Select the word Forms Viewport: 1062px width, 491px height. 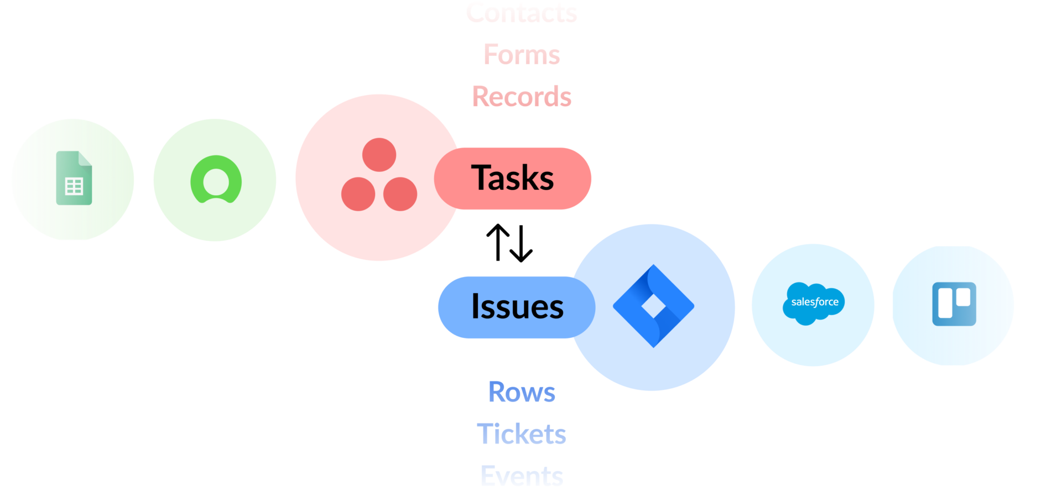(522, 55)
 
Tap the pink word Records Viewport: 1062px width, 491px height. (522, 97)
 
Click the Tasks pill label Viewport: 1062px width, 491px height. (513, 178)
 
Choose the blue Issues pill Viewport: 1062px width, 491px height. (517, 307)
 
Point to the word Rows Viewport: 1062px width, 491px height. (522, 392)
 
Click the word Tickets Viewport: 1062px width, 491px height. (522, 434)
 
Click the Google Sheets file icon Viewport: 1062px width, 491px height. (74, 178)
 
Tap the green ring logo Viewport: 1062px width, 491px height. (216, 180)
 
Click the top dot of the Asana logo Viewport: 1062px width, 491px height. (379, 155)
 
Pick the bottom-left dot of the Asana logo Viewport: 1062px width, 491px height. (358, 194)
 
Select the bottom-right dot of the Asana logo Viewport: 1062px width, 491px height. (400, 194)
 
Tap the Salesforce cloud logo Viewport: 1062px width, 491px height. (814, 302)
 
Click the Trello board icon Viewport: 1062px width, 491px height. (954, 304)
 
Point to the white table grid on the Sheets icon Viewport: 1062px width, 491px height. (74, 186)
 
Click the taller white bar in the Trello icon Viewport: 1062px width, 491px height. (945, 303)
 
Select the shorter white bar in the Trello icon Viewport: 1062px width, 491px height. (964, 297)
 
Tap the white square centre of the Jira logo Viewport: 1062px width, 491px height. (653, 306)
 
